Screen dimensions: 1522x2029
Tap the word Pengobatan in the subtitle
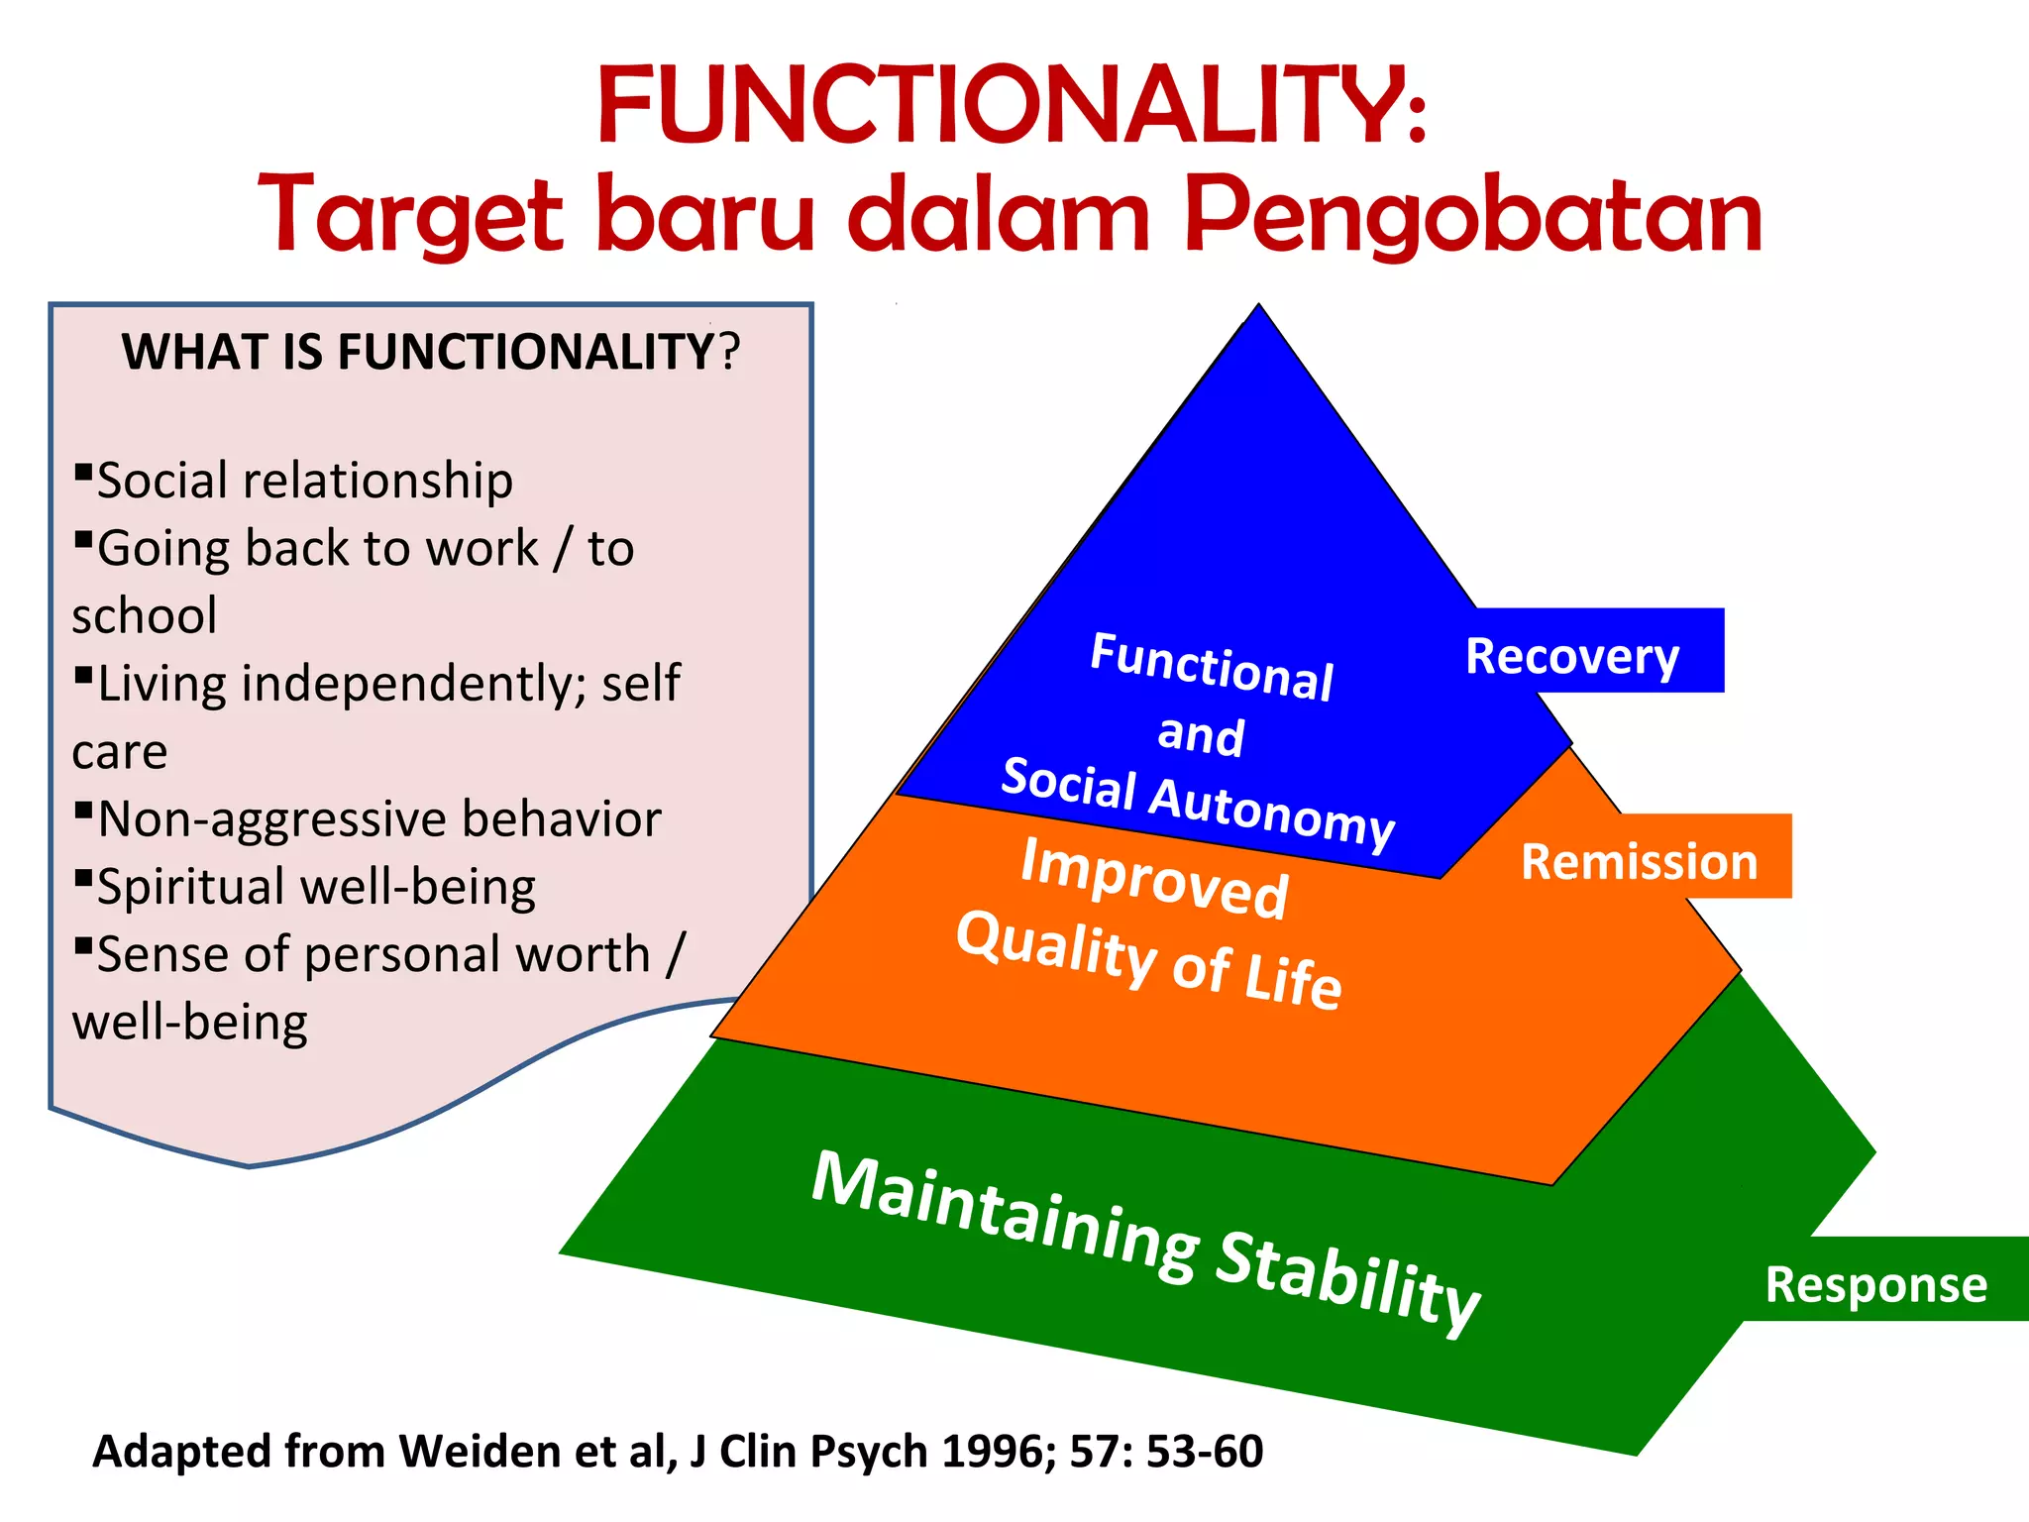tap(1473, 215)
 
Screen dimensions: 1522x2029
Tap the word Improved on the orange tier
tap(1154, 878)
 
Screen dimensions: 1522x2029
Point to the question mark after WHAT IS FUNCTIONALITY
tap(729, 353)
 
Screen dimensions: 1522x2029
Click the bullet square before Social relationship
tap(83, 470)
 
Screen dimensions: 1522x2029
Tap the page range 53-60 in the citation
tap(1205, 1451)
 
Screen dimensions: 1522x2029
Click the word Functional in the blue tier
tap(1212, 666)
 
